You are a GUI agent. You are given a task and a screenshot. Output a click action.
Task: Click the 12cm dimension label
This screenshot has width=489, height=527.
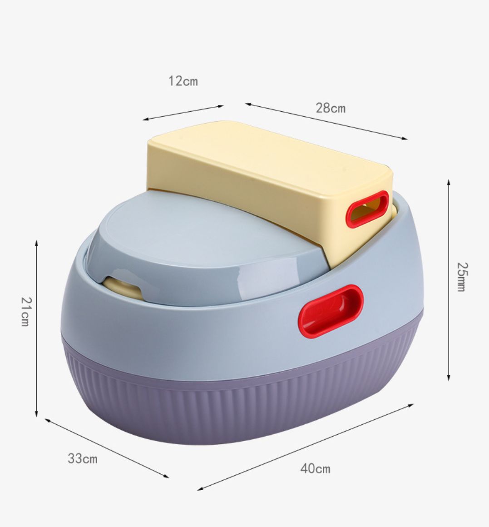pyautogui.click(x=183, y=81)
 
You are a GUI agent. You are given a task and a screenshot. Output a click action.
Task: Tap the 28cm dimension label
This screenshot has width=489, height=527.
pyautogui.click(x=331, y=108)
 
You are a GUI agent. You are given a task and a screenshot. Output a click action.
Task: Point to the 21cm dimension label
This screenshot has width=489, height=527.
pyautogui.click(x=26, y=312)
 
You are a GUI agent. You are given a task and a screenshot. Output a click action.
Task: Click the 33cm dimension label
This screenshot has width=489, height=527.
pyautogui.click(x=83, y=458)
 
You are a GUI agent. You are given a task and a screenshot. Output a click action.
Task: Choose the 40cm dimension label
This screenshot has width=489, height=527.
pyautogui.click(x=315, y=468)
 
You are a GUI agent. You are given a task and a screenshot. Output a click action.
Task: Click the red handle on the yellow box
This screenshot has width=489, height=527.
pyautogui.click(x=367, y=209)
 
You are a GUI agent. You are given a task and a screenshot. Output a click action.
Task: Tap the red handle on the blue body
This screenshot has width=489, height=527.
pyautogui.click(x=331, y=311)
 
